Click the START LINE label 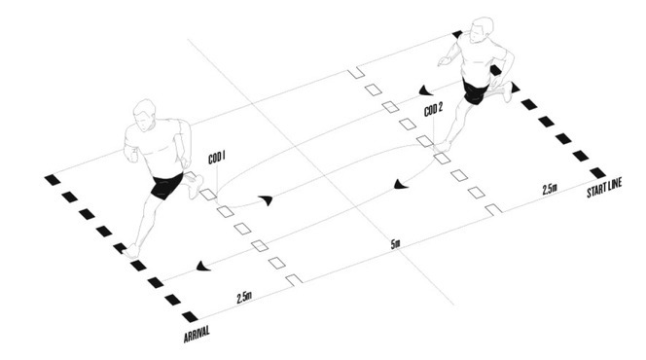tap(604, 188)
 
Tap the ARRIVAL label tap(197, 334)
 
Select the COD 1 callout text tap(217, 158)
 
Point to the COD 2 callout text tap(433, 110)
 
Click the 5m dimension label tap(395, 244)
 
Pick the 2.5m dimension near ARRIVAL tap(244, 297)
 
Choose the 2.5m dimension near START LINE tap(550, 189)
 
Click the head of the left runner tap(144, 115)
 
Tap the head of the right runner tap(481, 29)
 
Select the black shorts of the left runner tap(166, 186)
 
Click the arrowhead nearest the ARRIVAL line tap(203, 266)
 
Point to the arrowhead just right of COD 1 tap(267, 200)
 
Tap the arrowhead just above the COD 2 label tap(425, 90)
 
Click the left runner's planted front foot tap(131, 251)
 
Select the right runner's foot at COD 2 tap(442, 146)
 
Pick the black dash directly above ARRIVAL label tap(190, 316)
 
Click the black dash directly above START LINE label tap(597, 172)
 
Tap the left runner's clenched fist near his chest tap(132, 156)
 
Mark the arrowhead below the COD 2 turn tap(401, 184)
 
